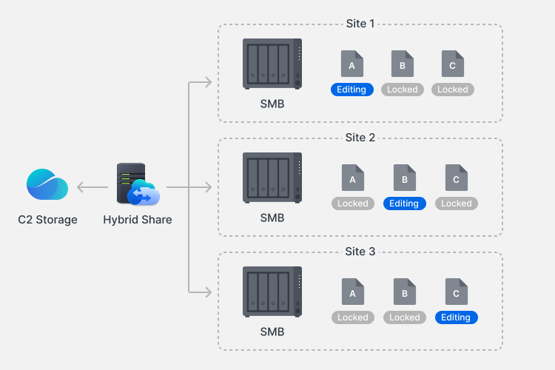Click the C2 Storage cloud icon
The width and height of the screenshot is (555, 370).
point(47,184)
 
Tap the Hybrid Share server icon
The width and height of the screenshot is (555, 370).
point(137,184)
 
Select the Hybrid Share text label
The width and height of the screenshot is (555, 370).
point(138,219)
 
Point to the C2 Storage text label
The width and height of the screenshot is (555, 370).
point(47,219)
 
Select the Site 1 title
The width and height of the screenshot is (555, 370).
point(360,23)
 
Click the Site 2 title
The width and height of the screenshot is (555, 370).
point(360,137)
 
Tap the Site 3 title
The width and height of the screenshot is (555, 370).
point(360,251)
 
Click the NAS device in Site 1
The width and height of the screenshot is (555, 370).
point(272,64)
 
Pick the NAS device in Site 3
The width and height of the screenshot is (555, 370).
point(272,292)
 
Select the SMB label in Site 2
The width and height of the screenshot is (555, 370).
point(272,218)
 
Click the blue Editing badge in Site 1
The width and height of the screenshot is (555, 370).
point(351,90)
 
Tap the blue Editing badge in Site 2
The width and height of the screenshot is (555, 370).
point(404,203)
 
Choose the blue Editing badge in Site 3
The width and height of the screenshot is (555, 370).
point(456,317)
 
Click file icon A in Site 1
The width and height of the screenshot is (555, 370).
point(352,64)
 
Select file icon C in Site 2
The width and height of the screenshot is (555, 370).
point(456,178)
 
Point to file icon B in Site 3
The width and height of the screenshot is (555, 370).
point(404,292)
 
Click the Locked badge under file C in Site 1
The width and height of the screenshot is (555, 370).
point(453,90)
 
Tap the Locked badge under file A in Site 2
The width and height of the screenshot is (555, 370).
point(352,203)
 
